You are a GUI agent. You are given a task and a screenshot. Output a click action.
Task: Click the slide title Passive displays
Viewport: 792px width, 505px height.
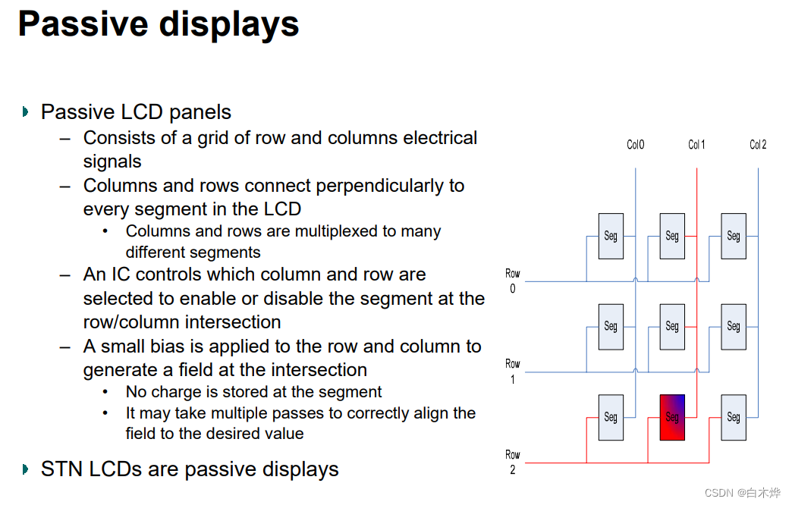point(159,24)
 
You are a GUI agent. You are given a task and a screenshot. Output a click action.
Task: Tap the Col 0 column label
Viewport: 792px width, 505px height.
point(635,145)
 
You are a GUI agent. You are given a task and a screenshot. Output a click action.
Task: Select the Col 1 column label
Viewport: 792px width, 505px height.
point(696,145)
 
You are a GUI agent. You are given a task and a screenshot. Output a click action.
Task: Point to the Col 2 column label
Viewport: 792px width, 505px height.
point(758,145)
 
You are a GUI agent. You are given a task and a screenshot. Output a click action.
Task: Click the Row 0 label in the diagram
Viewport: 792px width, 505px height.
point(513,281)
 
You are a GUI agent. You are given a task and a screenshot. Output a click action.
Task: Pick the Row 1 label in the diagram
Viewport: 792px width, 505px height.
point(513,372)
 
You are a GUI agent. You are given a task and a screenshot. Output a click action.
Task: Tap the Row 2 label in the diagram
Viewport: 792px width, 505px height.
point(513,462)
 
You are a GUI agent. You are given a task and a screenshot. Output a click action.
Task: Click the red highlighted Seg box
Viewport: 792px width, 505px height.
point(672,417)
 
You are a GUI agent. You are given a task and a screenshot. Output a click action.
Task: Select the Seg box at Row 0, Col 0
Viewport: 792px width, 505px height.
point(611,236)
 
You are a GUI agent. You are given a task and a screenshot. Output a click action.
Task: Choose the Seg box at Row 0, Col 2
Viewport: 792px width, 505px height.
point(734,236)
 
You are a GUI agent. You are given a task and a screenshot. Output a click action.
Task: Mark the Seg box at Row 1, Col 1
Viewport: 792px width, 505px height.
point(672,326)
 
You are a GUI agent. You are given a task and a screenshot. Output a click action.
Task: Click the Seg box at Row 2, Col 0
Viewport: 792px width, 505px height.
point(611,417)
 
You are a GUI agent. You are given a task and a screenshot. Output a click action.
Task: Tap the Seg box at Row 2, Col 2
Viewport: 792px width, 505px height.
point(734,417)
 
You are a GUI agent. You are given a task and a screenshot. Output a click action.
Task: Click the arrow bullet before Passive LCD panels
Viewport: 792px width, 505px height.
point(26,112)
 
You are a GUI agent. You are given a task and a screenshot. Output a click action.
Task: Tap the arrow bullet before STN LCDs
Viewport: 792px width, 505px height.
point(26,469)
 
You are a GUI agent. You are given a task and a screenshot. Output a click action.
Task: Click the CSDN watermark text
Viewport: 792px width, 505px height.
point(742,493)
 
